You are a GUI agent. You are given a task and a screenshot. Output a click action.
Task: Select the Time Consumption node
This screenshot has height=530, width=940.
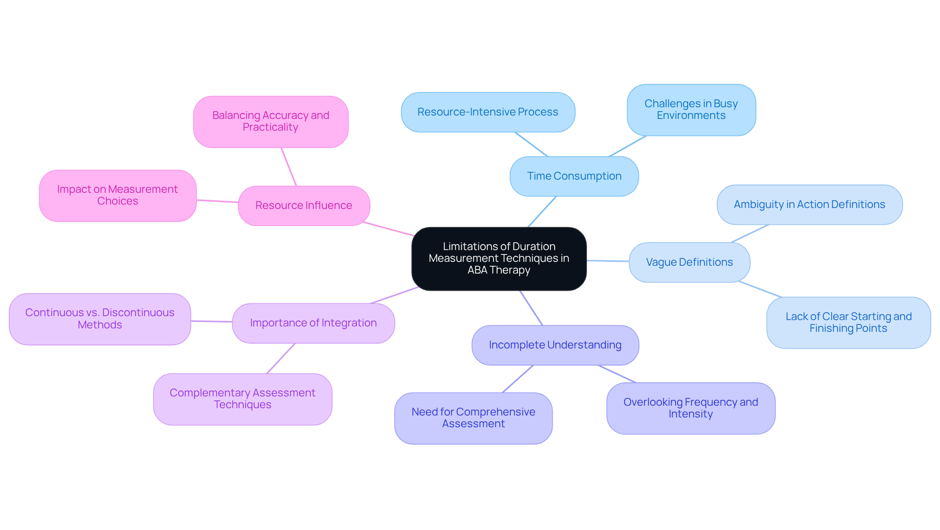point(574,176)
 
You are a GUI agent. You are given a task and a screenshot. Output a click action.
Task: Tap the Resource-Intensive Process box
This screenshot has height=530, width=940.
point(488,112)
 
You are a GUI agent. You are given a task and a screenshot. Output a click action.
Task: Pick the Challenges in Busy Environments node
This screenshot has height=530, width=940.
point(691,110)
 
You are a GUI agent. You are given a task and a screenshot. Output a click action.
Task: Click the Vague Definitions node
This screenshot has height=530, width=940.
point(689,262)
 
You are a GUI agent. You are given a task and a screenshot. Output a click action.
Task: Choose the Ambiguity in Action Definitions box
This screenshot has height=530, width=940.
point(809,205)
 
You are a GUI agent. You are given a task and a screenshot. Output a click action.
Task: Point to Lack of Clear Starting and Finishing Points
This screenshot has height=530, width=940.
point(848,323)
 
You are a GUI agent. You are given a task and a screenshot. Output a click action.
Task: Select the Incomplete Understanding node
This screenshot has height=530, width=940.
point(555,345)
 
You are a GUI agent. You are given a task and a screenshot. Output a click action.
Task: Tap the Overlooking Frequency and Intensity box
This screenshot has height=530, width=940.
point(690,408)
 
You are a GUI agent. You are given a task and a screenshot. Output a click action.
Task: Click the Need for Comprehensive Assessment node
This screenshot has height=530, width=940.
point(473,418)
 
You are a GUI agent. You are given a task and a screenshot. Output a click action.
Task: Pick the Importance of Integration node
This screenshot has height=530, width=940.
point(313,323)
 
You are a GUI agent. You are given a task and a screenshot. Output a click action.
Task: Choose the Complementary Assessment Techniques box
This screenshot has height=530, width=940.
point(242,399)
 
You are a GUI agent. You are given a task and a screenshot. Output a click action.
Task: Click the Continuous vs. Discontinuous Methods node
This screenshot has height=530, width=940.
point(100,319)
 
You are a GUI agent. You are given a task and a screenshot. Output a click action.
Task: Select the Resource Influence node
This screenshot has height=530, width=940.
point(304,206)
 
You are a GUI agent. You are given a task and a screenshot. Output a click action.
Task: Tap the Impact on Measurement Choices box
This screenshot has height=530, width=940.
point(117,195)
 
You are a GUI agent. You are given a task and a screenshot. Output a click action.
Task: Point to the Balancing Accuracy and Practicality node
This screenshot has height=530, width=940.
point(270,121)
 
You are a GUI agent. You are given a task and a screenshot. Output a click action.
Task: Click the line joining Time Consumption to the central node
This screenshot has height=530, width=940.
point(542,211)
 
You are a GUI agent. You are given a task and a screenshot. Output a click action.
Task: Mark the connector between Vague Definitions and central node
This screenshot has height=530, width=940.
point(608,261)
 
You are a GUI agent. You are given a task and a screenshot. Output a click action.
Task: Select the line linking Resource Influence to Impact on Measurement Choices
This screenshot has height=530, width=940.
point(217,201)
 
